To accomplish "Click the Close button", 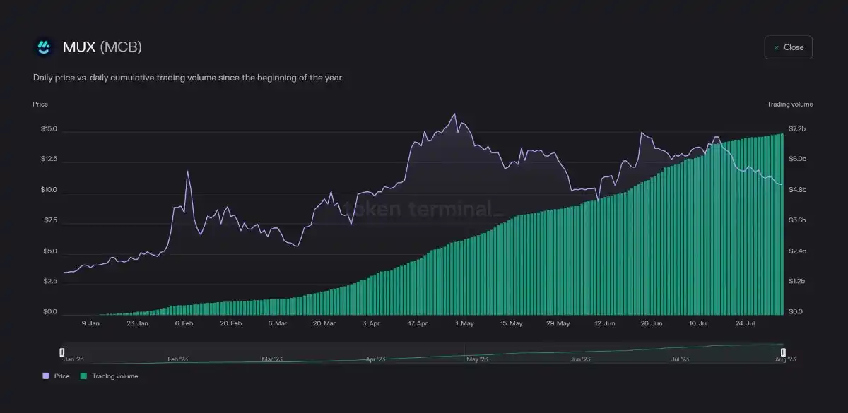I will [788, 47].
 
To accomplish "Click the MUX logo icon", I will [44, 47].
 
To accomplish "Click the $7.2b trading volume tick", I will [797, 129].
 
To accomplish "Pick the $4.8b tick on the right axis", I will [797, 190].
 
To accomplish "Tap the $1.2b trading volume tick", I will [797, 281].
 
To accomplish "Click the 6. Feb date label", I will [184, 323].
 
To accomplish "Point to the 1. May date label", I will [464, 323].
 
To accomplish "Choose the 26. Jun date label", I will [651, 323].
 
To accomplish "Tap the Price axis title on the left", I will [40, 104].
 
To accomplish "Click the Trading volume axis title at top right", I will [789, 104].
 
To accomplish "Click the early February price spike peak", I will [188, 172].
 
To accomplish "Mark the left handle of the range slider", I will [62, 352].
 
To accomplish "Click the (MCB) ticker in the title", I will [121, 47].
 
